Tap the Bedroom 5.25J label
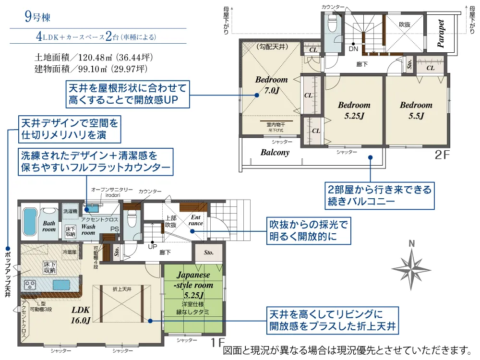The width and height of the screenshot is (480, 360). (354, 110)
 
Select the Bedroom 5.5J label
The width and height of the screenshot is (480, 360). (416, 110)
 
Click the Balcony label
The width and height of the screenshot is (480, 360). (275, 153)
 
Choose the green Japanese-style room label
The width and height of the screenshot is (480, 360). (193, 285)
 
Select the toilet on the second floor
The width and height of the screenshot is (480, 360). (331, 23)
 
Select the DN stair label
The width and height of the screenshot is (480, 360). (353, 49)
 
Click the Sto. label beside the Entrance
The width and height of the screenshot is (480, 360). (208, 252)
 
